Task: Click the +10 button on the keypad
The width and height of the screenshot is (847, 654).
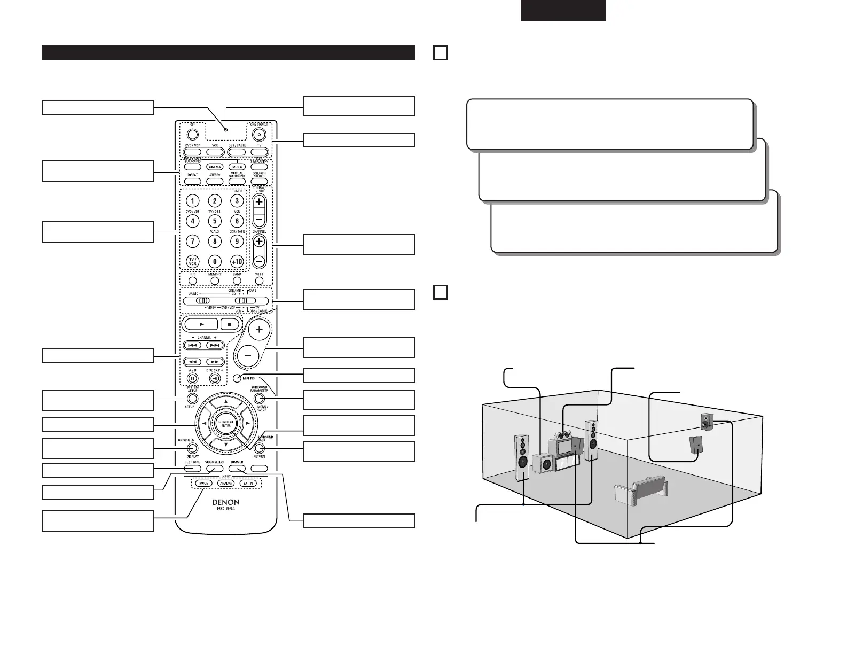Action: (237, 261)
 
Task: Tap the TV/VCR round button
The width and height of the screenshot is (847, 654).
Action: (192, 261)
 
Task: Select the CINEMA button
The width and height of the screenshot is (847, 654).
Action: (215, 167)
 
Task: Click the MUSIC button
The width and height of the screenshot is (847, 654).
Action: (237, 167)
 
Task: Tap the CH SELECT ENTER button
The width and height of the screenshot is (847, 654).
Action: (226, 423)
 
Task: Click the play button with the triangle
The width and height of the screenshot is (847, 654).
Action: (200, 324)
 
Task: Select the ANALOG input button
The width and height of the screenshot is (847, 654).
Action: (226, 483)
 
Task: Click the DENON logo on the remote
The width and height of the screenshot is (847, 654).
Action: (226, 502)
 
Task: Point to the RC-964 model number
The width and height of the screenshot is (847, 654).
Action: (226, 509)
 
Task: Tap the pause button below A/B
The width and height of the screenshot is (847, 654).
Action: (192, 378)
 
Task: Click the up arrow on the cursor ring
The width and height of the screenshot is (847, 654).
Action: (226, 402)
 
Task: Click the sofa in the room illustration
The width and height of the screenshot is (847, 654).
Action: (640, 491)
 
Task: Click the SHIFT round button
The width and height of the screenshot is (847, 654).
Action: (259, 281)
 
